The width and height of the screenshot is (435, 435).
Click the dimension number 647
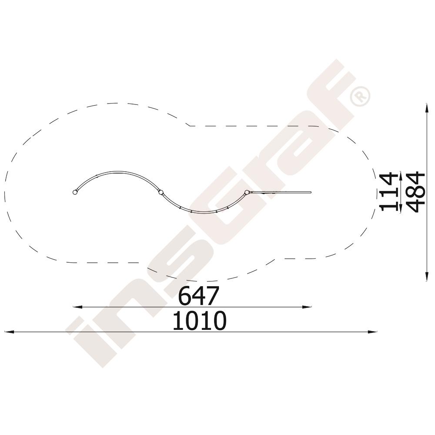click(199, 296)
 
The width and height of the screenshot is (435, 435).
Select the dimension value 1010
click(200, 321)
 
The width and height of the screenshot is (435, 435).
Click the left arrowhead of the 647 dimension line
click(77, 307)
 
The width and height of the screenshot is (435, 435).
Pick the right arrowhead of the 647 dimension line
click(307, 307)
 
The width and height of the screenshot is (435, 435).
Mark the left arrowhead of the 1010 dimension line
click(10, 332)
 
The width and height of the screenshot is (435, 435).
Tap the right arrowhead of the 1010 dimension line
click(373, 332)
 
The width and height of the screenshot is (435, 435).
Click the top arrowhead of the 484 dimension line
click(426, 107)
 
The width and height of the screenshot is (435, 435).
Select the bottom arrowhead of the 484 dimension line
click(426, 277)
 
